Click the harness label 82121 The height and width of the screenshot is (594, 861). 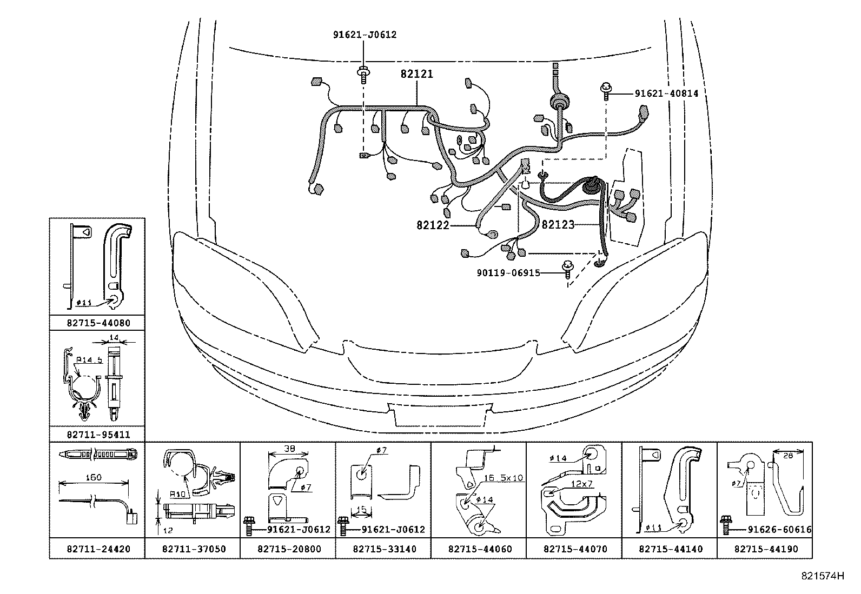pyautogui.click(x=416, y=75)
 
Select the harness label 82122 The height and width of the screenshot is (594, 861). pyautogui.click(x=433, y=225)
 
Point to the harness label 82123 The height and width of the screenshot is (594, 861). pyautogui.click(x=558, y=225)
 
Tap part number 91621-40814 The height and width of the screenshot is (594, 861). pyautogui.click(x=666, y=94)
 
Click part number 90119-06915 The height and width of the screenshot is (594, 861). pyautogui.click(x=508, y=273)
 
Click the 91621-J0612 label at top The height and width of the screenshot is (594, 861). pyautogui.click(x=364, y=35)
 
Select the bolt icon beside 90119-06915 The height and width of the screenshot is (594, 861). pyautogui.click(x=567, y=269)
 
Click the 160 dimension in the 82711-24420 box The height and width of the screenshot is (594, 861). pyautogui.click(x=94, y=478)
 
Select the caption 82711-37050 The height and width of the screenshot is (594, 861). pyautogui.click(x=194, y=549)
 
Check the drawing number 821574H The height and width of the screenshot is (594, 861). pyautogui.click(x=823, y=576)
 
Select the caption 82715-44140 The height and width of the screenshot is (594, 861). pyautogui.click(x=671, y=549)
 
